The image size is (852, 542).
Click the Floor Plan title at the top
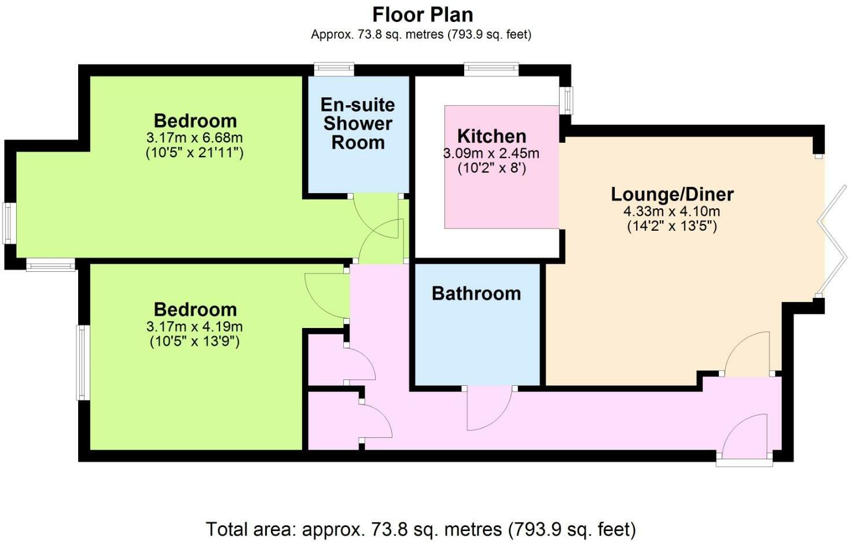coord(422,14)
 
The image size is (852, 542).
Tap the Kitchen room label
coord(491,136)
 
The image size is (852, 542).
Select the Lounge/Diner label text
coord(672,194)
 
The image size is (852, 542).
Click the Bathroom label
coord(476,293)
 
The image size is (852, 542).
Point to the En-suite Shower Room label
coord(358,123)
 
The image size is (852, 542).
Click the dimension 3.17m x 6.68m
coord(194,138)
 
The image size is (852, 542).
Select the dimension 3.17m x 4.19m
coord(194,326)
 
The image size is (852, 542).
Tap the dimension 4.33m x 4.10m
coord(672,211)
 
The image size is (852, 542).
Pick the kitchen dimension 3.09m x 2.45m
coord(491,153)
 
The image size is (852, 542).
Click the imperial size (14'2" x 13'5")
coord(672,226)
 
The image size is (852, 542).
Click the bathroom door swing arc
coord(486,411)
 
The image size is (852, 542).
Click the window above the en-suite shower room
coord(334,69)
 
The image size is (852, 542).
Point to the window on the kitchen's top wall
coord(491,69)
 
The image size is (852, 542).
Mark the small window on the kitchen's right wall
coord(568,101)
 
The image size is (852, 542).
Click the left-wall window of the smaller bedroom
coord(83,362)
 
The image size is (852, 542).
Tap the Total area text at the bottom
coord(421,529)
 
